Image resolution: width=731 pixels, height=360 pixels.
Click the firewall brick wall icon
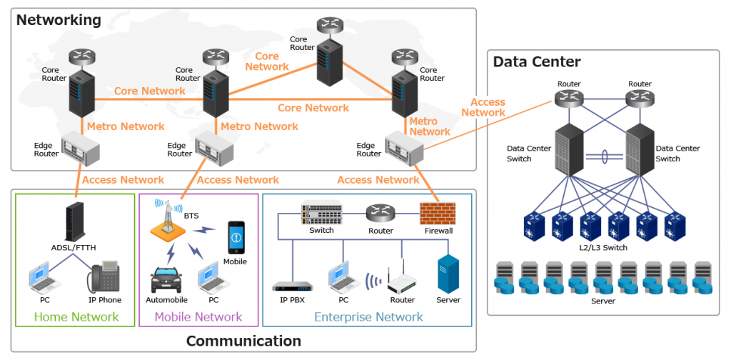[437, 214]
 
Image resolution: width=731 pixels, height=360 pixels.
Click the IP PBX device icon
[293, 286]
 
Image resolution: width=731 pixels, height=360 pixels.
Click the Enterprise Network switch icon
[321, 213]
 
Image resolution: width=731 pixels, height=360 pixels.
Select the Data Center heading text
[537, 62]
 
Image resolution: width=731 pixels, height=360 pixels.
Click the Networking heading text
[59, 20]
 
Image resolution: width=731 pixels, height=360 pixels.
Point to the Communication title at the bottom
[243, 341]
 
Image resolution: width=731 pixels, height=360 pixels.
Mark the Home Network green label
[76, 316]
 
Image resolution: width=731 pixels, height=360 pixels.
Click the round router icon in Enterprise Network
[380, 213]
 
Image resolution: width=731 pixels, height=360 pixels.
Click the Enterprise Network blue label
[368, 316]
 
